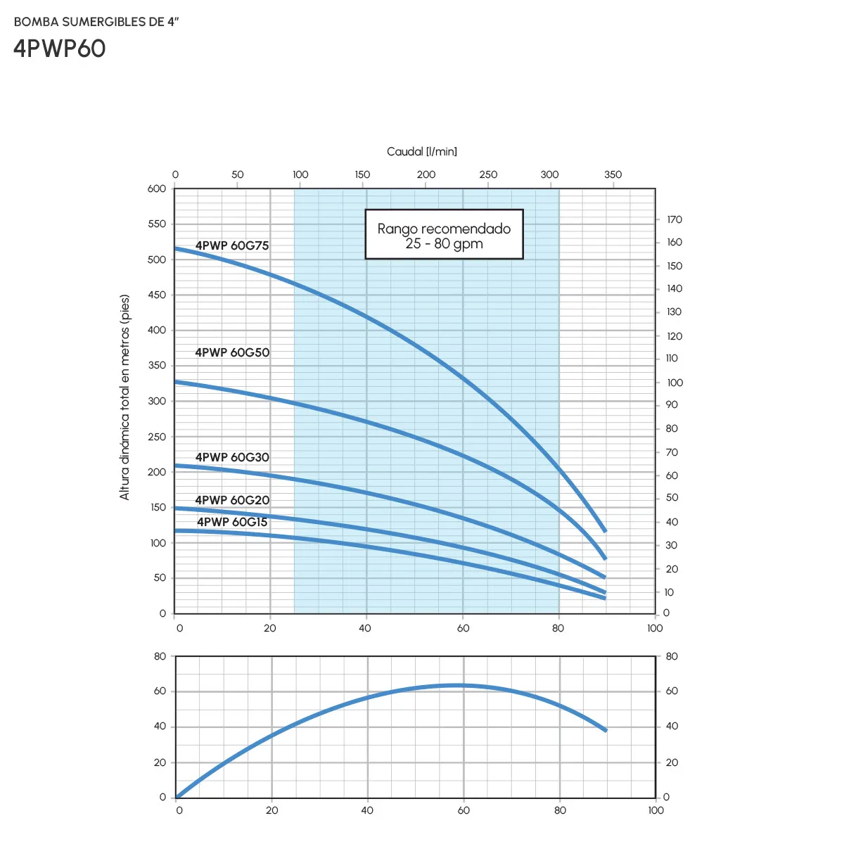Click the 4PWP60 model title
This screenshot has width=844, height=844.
tap(60, 49)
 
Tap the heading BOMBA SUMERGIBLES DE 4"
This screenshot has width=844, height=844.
tap(96, 22)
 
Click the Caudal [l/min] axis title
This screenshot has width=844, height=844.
tap(422, 151)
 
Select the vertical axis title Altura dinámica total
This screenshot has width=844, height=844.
tap(124, 397)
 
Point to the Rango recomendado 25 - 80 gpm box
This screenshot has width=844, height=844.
tap(444, 235)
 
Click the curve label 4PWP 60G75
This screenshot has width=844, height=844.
tap(232, 245)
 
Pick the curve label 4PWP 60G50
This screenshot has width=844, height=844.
tap(232, 352)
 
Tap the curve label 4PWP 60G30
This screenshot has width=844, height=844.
tap(232, 457)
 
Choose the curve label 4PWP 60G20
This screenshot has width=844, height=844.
tap(232, 500)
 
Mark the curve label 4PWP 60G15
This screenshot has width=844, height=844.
tap(232, 522)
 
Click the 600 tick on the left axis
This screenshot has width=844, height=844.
tap(157, 188)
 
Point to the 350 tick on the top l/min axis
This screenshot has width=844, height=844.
tap(613, 174)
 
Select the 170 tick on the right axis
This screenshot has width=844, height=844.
tap(674, 219)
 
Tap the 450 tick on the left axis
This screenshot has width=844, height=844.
tap(157, 295)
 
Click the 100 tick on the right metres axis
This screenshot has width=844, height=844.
tap(674, 383)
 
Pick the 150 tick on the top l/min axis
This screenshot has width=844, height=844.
tap(362, 174)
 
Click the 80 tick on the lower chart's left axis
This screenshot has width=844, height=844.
tap(160, 656)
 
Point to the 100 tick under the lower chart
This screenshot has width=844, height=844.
tap(656, 810)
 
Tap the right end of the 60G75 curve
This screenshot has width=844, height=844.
tap(605, 530)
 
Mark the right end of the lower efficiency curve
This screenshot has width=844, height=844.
tap(605, 730)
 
